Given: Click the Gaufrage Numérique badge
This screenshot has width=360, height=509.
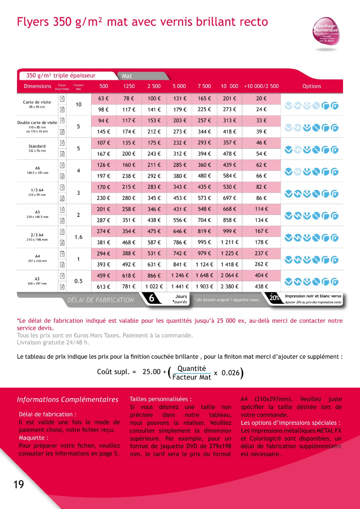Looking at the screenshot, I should coord(326,32).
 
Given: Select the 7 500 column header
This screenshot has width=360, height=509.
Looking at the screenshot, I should coord(204,86).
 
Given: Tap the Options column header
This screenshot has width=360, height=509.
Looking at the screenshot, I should coord(312,86).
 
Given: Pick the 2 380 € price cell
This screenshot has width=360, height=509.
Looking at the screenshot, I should coord(229,286).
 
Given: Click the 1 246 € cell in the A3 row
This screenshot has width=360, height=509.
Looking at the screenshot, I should coord(180,275).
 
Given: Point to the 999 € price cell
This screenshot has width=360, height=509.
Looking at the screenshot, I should coord(229,231).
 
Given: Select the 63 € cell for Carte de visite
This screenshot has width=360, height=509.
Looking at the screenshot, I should coord(103,98).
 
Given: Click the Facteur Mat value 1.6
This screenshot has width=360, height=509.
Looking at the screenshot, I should coord(78,237).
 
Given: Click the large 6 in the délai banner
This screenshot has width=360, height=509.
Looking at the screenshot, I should coord(152,298).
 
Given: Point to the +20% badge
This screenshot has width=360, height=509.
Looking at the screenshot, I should coord(274,297).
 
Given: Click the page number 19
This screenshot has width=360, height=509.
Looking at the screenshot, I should coord(18,484).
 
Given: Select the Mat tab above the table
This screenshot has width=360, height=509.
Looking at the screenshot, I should coord(127,76).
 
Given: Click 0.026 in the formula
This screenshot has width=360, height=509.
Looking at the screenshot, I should coord(230,373).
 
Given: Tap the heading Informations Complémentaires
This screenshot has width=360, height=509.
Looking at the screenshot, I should coord(68,399).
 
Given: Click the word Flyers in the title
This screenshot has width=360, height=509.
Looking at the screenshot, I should coord(33,22).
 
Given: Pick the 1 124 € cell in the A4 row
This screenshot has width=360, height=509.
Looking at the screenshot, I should coord(204,264).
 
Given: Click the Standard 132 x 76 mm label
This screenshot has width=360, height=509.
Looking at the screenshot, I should coord(37,148).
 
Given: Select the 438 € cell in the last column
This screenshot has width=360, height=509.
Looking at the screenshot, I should coord(262,286).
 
